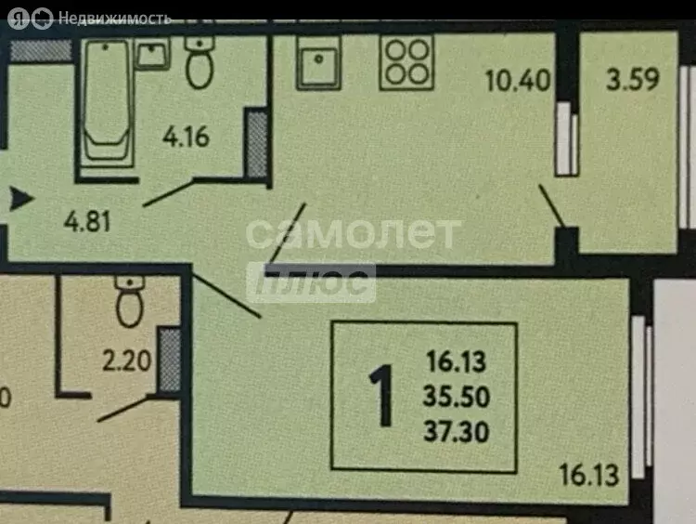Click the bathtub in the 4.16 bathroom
(x=107, y=103)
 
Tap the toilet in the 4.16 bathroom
(x=200, y=62)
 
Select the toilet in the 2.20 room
(x=130, y=301)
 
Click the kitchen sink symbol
(x=318, y=63)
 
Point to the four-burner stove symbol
(x=406, y=62)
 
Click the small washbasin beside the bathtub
(x=152, y=54)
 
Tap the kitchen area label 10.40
(x=518, y=81)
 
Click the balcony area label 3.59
(x=633, y=80)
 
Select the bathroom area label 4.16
(x=186, y=137)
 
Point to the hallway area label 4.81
(x=87, y=221)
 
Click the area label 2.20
(x=127, y=360)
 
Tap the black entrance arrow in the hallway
(x=20, y=198)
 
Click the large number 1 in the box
(x=382, y=396)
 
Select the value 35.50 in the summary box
(x=457, y=397)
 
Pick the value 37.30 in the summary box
(x=457, y=431)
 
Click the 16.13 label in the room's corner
(x=589, y=475)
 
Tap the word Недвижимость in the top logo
(x=114, y=19)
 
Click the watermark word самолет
(x=354, y=233)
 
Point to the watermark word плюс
(x=311, y=282)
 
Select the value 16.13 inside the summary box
(x=457, y=361)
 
